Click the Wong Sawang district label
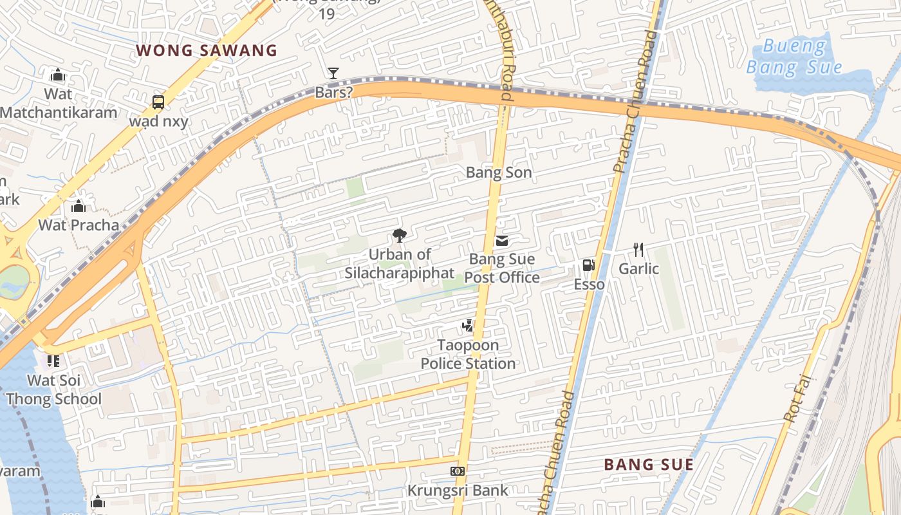click(207, 50)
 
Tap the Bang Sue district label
click(649, 464)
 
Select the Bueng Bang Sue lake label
click(794, 57)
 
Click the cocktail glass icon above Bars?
click(333, 73)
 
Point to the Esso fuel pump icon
click(588, 265)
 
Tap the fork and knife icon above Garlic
click(638, 250)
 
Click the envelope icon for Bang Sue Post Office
click(501, 241)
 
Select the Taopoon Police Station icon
click(468, 326)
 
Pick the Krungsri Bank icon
click(458, 471)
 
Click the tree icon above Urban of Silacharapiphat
click(399, 236)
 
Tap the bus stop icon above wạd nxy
click(158, 102)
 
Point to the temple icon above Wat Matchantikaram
click(58, 75)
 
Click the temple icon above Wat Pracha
click(79, 206)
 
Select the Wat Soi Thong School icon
click(53, 361)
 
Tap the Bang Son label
click(499, 173)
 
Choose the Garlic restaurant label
click(639, 268)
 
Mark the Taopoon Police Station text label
click(469, 354)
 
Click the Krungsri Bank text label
click(458, 491)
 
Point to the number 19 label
click(327, 14)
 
